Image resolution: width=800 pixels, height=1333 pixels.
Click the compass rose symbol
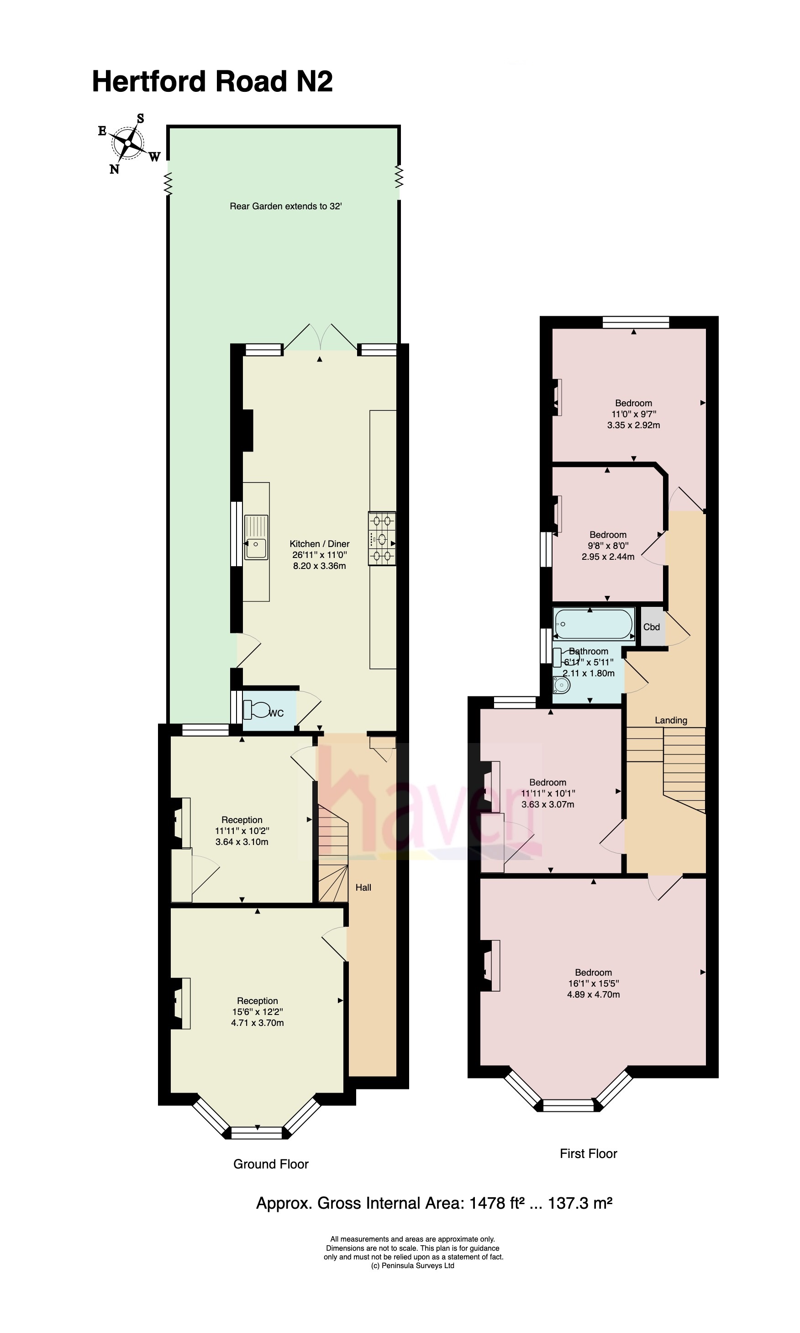(x=129, y=143)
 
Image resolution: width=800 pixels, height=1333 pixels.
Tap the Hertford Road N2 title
(x=212, y=81)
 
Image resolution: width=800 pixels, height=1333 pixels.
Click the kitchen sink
(x=256, y=537)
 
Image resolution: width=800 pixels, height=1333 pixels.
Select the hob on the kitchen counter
(x=382, y=538)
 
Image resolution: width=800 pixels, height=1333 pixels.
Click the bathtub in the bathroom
(x=593, y=624)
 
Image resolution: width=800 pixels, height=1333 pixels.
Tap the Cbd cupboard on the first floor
(x=652, y=627)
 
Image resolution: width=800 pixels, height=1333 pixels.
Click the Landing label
(x=671, y=720)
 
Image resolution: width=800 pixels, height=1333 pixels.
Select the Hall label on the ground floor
(x=363, y=887)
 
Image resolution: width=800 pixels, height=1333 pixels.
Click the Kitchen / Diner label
(x=320, y=544)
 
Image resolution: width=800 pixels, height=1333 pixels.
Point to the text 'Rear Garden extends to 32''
(x=286, y=206)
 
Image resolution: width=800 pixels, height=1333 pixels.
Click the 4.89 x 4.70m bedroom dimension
(x=594, y=994)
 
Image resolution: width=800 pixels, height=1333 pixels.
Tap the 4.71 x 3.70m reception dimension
(x=258, y=1023)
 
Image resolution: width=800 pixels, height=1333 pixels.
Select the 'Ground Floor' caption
(x=271, y=1164)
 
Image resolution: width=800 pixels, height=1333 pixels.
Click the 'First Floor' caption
(x=588, y=1154)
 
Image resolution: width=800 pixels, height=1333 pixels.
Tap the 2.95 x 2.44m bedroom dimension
(x=608, y=557)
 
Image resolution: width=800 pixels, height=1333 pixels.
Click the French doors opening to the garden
(x=320, y=337)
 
